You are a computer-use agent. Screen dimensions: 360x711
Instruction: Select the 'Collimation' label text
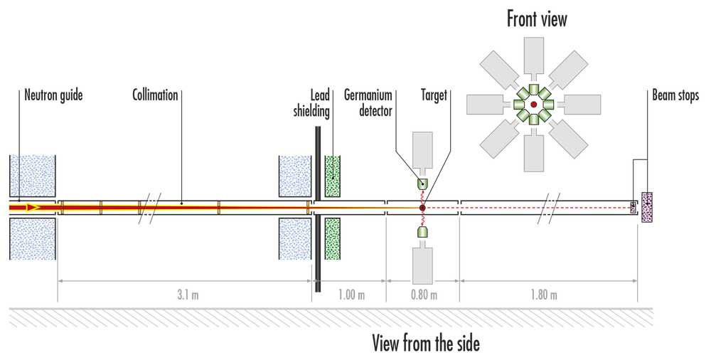pos(154,95)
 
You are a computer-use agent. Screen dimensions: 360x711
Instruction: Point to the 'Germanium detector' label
pos(369,102)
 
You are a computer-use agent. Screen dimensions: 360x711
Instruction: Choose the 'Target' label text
pos(434,95)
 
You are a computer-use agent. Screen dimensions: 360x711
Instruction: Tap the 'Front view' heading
pos(537,19)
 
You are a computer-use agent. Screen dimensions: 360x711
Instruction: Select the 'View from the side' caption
pos(426,345)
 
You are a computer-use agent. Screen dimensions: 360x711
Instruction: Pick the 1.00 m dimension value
pos(351,295)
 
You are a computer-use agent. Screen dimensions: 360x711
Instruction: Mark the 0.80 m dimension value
pos(424,295)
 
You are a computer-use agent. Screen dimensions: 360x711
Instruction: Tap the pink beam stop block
pos(648,208)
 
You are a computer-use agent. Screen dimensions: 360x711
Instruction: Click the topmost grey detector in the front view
pos(533,56)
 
